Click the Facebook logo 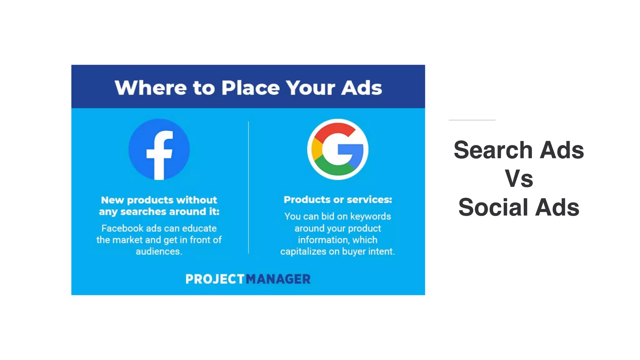click(x=159, y=149)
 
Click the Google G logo click(x=337, y=149)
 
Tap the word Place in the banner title click(x=250, y=88)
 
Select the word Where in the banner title click(x=151, y=88)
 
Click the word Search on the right click(x=493, y=150)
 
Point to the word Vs click(x=519, y=179)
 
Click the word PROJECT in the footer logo click(x=215, y=279)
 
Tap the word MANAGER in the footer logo click(x=278, y=279)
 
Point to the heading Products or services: click(x=337, y=200)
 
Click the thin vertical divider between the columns click(x=248, y=187)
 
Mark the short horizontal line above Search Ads click(x=472, y=120)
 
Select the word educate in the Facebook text click(x=199, y=228)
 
